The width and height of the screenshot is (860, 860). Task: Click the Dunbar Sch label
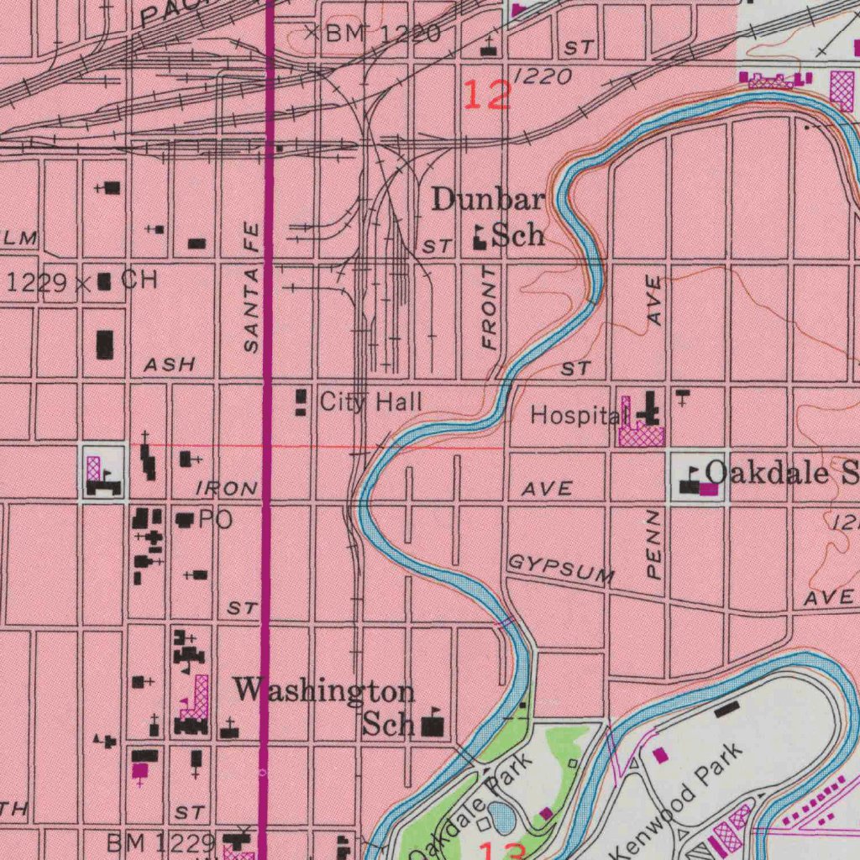[490, 217]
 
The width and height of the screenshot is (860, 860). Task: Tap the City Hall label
[370, 402]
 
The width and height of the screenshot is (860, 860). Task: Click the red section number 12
[486, 95]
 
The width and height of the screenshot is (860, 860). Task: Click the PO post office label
[215, 520]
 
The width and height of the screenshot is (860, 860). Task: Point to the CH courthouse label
[139, 281]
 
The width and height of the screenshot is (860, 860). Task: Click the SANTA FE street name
[251, 287]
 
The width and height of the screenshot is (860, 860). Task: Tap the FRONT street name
[490, 309]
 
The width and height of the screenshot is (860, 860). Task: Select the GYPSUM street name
[561, 569]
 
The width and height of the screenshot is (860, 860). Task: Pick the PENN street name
[654, 546]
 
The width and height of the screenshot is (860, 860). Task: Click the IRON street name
[227, 488]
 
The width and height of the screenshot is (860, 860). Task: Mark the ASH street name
[169, 364]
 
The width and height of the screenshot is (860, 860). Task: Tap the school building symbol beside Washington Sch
[433, 724]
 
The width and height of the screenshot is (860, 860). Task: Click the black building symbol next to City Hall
[301, 402]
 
